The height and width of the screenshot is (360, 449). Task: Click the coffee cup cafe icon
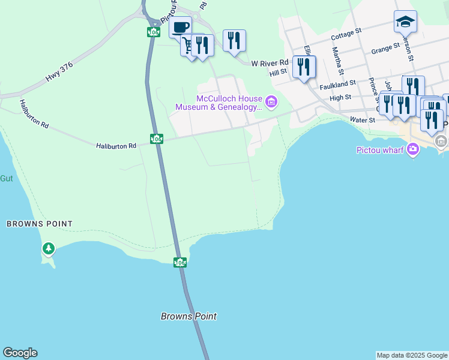(181, 26)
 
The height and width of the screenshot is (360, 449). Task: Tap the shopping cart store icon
(190, 46)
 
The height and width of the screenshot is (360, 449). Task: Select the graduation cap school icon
(405, 22)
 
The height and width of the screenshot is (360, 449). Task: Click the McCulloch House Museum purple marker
(271, 103)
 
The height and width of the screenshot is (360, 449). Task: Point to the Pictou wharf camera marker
(412, 149)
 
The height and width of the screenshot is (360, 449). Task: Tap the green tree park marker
(48, 248)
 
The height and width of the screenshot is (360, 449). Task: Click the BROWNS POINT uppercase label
(40, 224)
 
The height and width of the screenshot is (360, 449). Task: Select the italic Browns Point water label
(188, 316)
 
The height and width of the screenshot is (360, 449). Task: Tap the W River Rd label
(270, 63)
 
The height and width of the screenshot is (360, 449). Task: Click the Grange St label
(385, 48)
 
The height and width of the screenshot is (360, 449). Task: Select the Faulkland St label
(337, 85)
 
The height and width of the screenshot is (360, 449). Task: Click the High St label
(340, 97)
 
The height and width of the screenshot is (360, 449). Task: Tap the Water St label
(362, 120)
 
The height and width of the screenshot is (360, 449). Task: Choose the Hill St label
(279, 72)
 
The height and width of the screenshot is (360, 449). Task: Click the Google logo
(20, 353)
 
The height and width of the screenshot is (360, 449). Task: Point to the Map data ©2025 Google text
(412, 355)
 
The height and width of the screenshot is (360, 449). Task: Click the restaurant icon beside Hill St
(304, 66)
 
